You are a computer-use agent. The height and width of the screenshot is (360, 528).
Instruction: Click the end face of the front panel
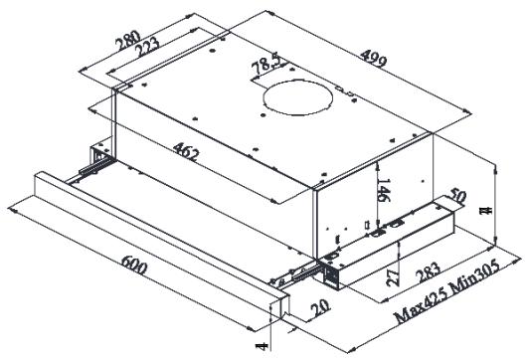point(282,309)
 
